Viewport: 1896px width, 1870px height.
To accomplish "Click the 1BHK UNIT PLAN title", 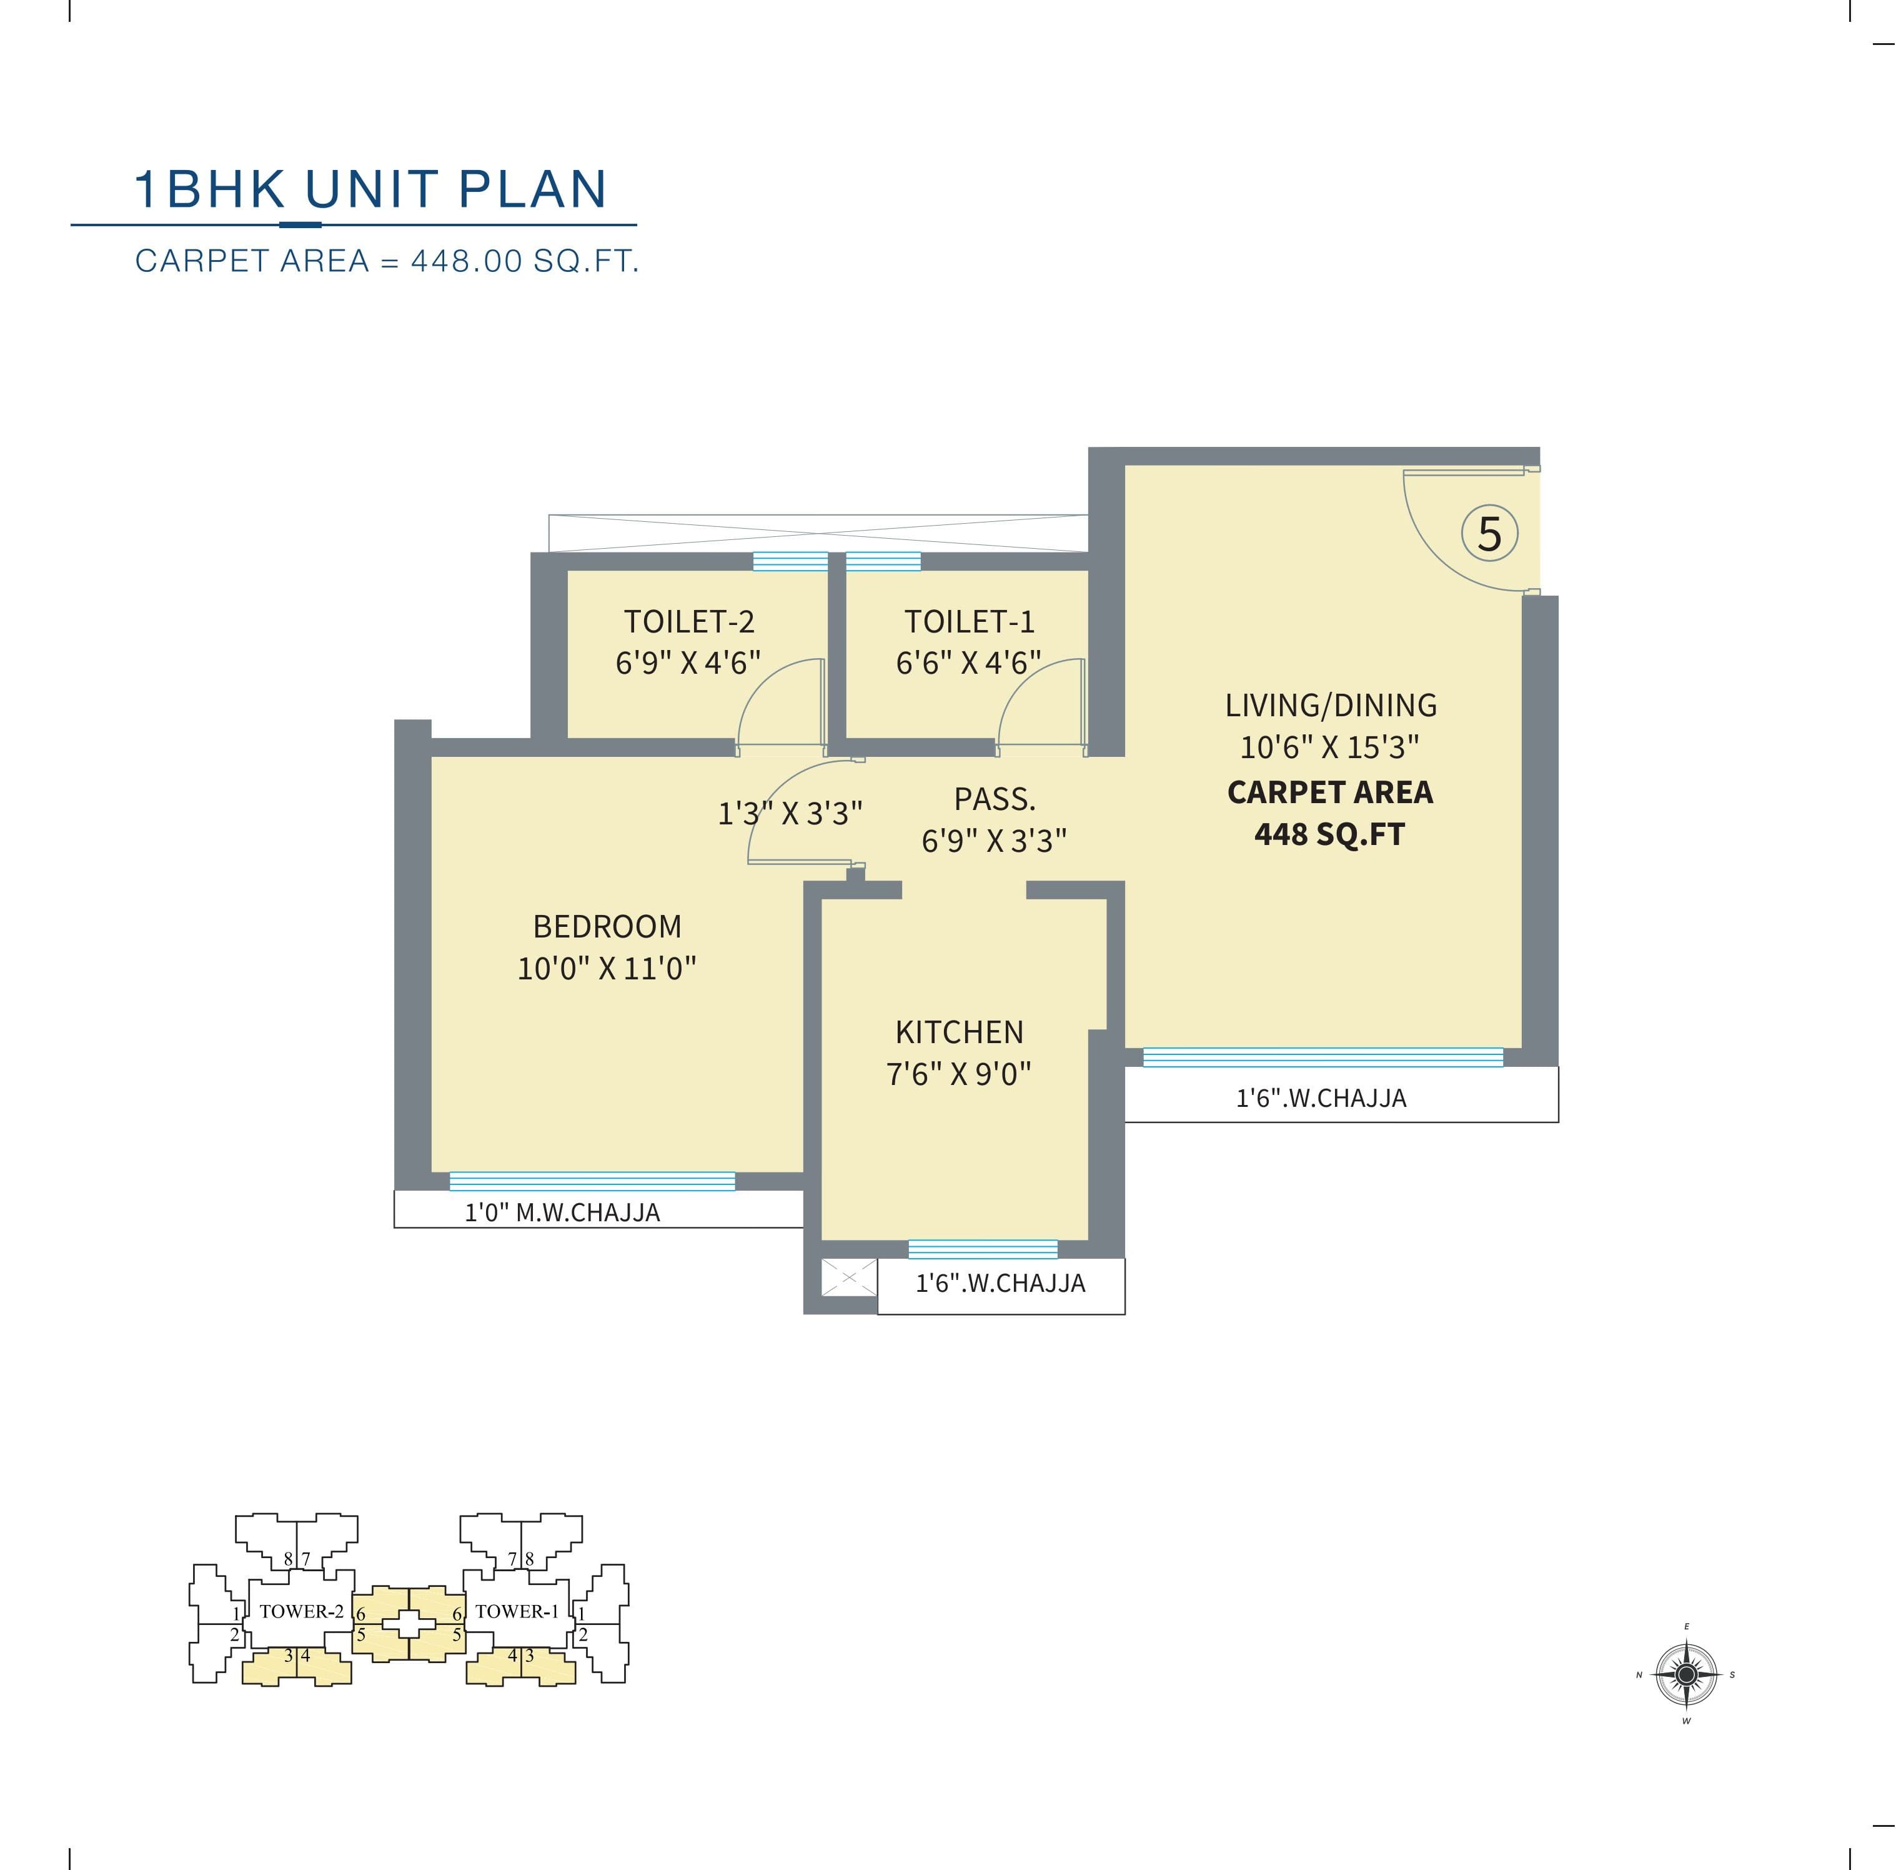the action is tap(371, 189).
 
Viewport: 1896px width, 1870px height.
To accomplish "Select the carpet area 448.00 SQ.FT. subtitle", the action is tap(387, 261).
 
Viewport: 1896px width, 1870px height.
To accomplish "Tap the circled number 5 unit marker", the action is tap(1490, 534).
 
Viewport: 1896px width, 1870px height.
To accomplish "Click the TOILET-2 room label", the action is tap(689, 621).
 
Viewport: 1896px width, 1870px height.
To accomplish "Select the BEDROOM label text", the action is tap(607, 926).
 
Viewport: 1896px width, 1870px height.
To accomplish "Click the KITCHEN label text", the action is tap(959, 1032).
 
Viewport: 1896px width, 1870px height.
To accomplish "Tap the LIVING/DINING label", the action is tap(1330, 705).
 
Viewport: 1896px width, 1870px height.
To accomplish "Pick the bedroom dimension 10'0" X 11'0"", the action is tap(607, 968).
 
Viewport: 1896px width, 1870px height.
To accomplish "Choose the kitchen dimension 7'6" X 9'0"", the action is tap(959, 1074).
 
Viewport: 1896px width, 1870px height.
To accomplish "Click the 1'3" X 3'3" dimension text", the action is tap(790, 812).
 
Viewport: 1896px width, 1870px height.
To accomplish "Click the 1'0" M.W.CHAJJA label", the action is tap(562, 1212).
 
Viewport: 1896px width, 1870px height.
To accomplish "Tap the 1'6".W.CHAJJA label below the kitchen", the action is tap(1000, 1283).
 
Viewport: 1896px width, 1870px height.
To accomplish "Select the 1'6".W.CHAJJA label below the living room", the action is tap(1321, 1097).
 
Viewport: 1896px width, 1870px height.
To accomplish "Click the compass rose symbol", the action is tap(1686, 1674).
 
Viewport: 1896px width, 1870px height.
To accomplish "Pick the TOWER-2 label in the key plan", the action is tap(301, 1611).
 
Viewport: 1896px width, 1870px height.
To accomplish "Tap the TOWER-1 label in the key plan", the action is tap(517, 1611).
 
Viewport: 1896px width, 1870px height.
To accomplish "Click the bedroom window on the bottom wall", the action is tap(592, 1181).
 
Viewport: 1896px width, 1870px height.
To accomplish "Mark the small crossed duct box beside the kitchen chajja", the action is tap(849, 1277).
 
